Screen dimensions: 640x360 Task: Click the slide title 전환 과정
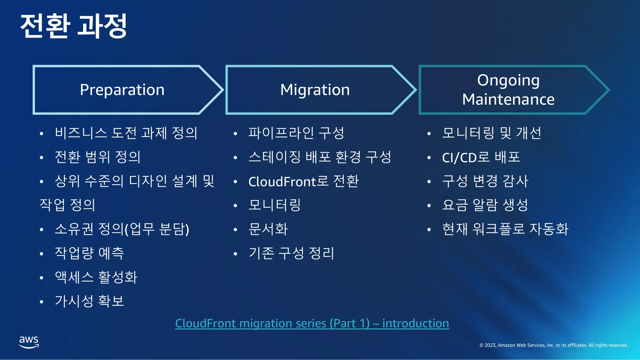click(x=74, y=26)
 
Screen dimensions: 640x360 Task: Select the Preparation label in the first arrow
click(x=122, y=90)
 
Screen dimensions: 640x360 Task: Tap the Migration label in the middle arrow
click(x=315, y=90)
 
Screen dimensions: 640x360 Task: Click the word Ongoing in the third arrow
click(x=508, y=81)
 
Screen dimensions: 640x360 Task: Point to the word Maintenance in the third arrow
click(x=508, y=100)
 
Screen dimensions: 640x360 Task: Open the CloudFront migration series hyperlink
click(x=312, y=323)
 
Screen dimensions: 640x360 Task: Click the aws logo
click(x=29, y=342)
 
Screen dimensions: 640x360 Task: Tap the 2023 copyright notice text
click(x=553, y=345)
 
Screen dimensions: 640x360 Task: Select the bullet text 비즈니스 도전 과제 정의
click(x=126, y=133)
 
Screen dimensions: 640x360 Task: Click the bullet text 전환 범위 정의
click(x=97, y=157)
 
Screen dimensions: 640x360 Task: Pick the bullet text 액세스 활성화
click(x=96, y=277)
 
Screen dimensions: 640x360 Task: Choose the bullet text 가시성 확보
click(x=89, y=301)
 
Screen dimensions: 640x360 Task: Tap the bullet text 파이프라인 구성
click(x=296, y=133)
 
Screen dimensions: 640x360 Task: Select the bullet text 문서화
click(x=268, y=229)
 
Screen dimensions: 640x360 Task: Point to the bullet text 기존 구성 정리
click(x=291, y=253)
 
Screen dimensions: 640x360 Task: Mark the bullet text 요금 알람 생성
click(x=485, y=205)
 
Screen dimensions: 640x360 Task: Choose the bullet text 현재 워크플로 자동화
click(x=505, y=229)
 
